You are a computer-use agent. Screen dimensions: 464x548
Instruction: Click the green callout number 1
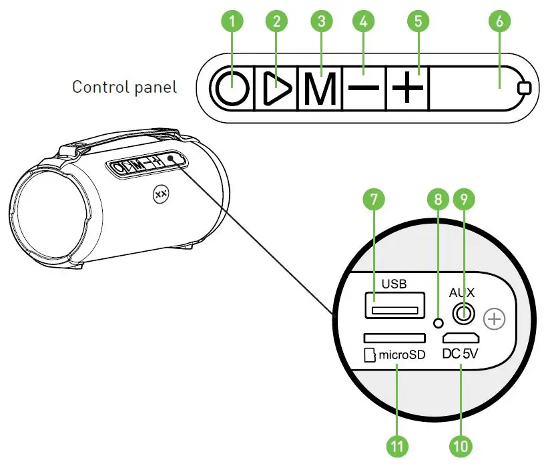click(x=232, y=21)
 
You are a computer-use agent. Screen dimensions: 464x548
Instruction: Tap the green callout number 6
click(x=499, y=21)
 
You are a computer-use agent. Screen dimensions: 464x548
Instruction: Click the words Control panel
click(x=125, y=87)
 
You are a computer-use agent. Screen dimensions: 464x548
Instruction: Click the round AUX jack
click(x=462, y=312)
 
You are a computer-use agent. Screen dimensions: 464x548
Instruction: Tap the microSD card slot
click(x=394, y=338)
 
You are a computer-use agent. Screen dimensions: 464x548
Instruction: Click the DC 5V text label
click(x=461, y=355)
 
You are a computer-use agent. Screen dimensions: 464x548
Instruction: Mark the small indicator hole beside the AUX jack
click(x=438, y=323)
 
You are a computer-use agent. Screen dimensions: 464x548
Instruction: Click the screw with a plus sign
click(x=494, y=320)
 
